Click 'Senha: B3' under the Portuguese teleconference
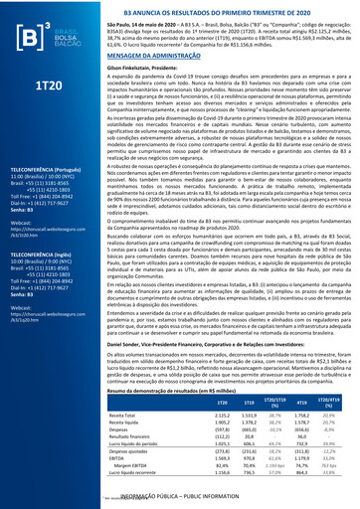(x=37, y=229)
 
